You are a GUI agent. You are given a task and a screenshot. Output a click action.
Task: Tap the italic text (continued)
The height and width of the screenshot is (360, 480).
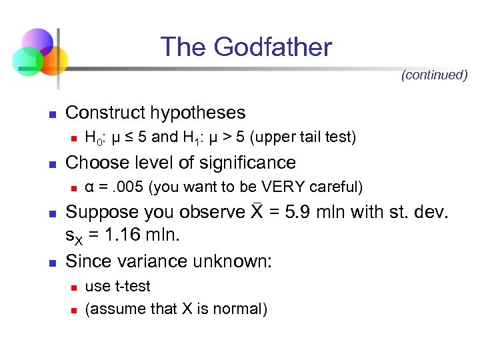pyautogui.click(x=434, y=75)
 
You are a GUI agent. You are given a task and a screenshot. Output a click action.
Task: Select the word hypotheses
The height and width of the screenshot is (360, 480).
pyautogui.click(x=201, y=113)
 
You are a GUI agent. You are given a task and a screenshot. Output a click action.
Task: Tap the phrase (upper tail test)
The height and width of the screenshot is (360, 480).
pyautogui.click(x=303, y=137)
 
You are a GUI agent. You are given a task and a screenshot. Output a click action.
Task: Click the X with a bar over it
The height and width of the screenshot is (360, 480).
pyautogui.click(x=257, y=212)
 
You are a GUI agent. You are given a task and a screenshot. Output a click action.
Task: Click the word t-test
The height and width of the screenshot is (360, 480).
pyautogui.click(x=131, y=287)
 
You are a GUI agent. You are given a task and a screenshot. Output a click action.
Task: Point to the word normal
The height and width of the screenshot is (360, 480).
pyautogui.click(x=238, y=309)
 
